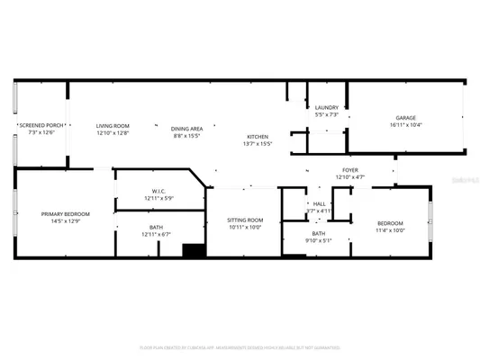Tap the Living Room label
coord(113,125)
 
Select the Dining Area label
coord(187,129)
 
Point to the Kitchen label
coord(258,136)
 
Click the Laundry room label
coord(326,107)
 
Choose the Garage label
coord(406,118)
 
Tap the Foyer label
coord(350,169)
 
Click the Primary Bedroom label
coord(62,213)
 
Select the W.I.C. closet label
coord(158,191)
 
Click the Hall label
coord(319,203)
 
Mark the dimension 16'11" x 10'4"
coord(406,125)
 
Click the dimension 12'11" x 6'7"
coord(157,234)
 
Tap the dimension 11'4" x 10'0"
coord(390,229)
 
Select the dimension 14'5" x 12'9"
coord(62,220)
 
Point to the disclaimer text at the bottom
coord(240,346)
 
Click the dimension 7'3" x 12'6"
coord(41,132)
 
